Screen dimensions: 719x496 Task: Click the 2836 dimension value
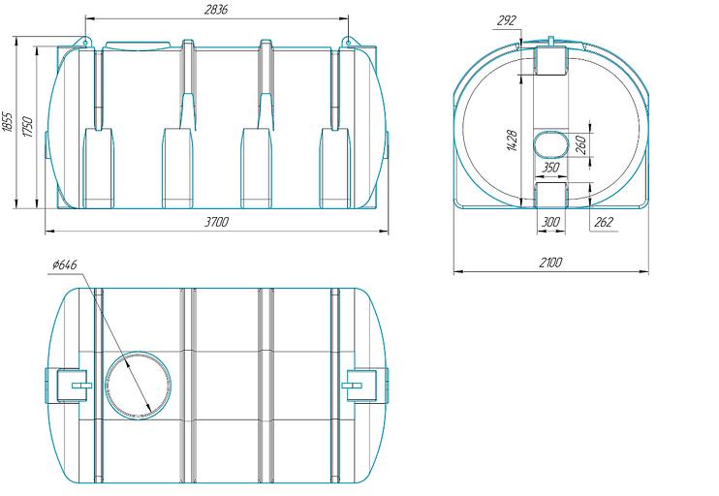(215, 10)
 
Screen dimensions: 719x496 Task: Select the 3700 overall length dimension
(216, 223)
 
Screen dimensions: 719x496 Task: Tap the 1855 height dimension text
(8, 122)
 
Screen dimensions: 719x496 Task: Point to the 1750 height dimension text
(27, 127)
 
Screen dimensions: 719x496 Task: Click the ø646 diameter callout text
(65, 265)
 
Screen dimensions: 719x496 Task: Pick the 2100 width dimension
(550, 263)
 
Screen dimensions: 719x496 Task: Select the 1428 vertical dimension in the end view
(513, 140)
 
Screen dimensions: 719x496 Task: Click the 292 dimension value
(506, 20)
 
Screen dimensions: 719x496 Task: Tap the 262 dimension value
(604, 223)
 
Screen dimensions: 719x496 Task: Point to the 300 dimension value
(550, 223)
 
